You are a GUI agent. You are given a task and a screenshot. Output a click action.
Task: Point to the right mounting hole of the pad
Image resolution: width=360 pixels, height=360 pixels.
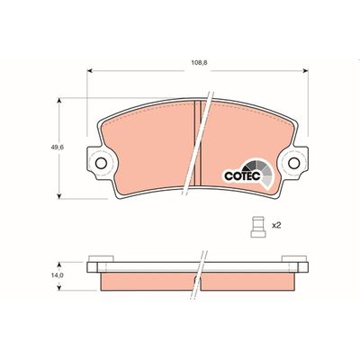[294, 164]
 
